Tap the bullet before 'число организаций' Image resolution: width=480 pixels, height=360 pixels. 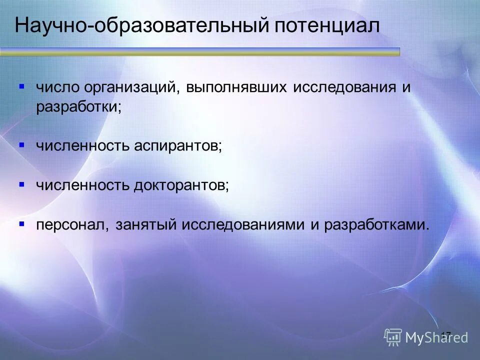tap(21, 86)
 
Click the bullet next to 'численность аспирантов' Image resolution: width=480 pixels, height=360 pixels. tap(21, 145)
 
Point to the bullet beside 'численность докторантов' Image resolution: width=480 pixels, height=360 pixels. tap(21, 184)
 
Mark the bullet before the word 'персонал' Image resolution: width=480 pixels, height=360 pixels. tap(21, 223)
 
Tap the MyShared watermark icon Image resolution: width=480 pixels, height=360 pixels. tap(393, 336)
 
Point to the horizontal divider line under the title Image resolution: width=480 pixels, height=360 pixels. tap(200, 50)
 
